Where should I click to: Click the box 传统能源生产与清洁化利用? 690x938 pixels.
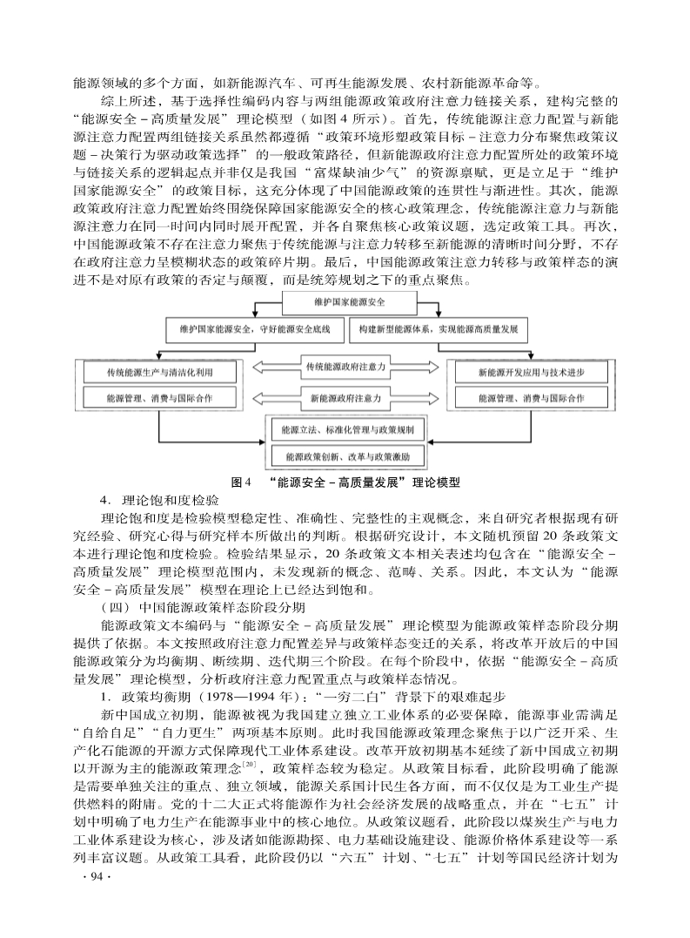(x=159, y=372)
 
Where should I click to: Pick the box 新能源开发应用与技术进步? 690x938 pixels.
(x=530, y=372)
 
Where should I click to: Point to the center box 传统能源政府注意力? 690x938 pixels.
(x=345, y=368)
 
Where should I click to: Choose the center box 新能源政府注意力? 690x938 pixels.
(x=345, y=399)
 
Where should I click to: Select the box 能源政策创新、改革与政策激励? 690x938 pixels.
(x=347, y=456)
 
